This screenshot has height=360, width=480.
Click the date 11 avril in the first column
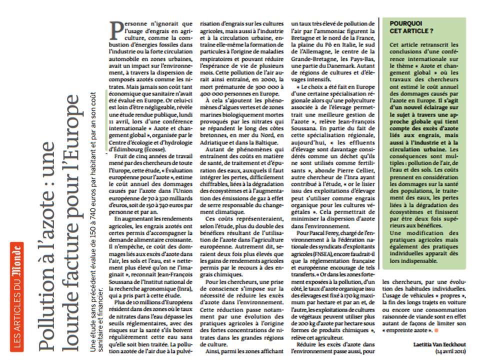coord(118,108)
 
